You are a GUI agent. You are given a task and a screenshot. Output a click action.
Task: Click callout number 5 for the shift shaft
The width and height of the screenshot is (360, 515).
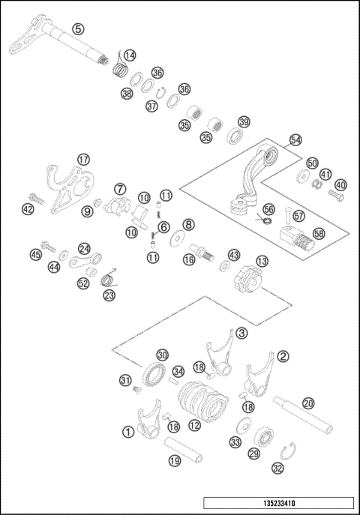(78, 28)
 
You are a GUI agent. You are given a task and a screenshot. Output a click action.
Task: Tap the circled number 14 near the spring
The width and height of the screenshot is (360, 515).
(130, 55)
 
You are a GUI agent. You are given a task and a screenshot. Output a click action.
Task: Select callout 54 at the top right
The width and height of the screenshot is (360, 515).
(295, 140)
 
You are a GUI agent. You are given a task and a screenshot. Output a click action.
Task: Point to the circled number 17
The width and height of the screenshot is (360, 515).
(83, 160)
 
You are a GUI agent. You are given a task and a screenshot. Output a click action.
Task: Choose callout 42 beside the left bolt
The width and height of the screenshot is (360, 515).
(28, 210)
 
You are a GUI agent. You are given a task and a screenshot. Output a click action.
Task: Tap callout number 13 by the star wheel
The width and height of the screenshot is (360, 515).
(261, 260)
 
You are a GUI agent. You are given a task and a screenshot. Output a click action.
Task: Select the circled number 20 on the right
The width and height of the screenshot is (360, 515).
(308, 403)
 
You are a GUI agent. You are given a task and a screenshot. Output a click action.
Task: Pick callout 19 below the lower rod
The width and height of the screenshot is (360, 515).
(174, 461)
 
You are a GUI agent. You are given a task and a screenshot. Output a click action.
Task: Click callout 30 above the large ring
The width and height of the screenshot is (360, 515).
(162, 354)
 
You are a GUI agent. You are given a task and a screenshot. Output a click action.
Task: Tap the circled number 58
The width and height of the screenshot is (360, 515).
(319, 234)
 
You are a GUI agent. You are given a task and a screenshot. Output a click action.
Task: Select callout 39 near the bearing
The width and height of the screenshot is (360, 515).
(244, 122)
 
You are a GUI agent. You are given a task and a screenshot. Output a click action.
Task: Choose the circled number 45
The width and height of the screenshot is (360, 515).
(34, 255)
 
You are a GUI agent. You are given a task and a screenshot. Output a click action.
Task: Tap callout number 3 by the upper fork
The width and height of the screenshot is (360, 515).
(241, 332)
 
